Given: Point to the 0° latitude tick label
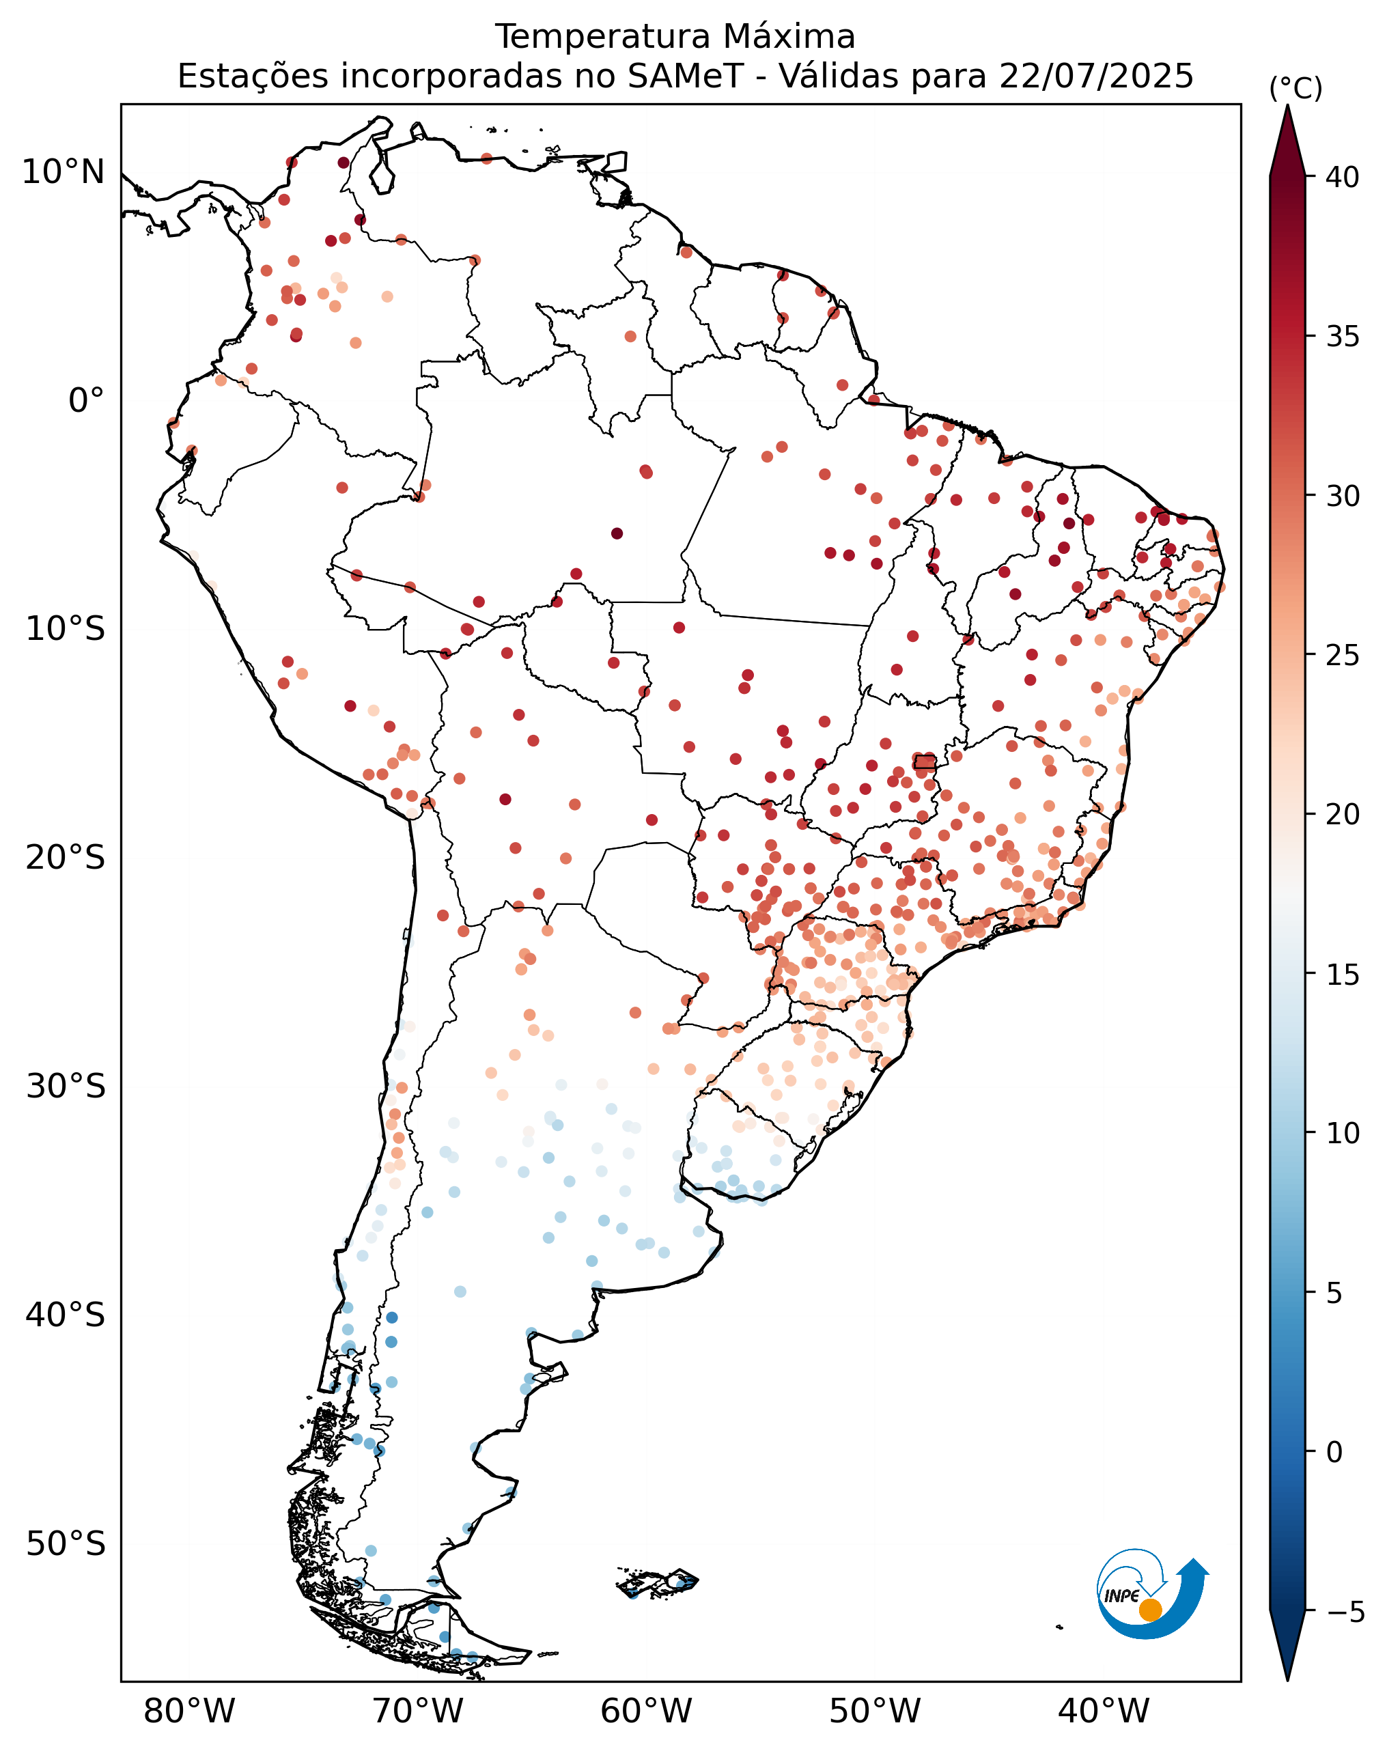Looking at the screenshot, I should [86, 401].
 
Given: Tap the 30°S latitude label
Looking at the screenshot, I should [65, 1087].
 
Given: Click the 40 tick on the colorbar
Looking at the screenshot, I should [1343, 177].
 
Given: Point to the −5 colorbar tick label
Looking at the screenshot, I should [1345, 1612].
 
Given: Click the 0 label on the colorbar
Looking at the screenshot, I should [1334, 1452].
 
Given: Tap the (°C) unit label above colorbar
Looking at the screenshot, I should [1295, 88].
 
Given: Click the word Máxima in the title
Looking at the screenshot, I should [788, 36].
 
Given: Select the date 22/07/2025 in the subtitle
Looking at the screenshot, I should [1096, 76].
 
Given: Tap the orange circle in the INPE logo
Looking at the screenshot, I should [1150, 1610].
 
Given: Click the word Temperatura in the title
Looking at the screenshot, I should [604, 36].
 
